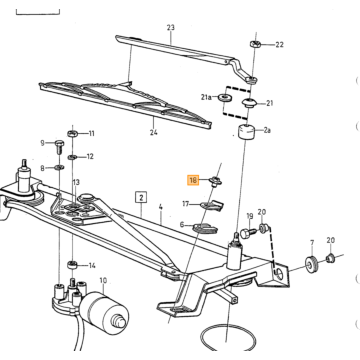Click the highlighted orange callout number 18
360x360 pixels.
tap(193, 180)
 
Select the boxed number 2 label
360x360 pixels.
tap(141, 198)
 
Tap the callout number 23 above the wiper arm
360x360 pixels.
tap(170, 27)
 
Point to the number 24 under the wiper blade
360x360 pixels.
tap(153, 132)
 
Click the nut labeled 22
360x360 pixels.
tap(253, 44)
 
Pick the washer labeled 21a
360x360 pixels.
tap(226, 98)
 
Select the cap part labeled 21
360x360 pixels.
tap(249, 102)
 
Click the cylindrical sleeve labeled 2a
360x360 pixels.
tap(245, 131)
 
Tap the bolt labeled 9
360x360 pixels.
tap(59, 146)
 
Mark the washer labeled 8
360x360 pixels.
tap(59, 167)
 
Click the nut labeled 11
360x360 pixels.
tap(73, 134)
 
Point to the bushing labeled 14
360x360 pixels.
tap(73, 265)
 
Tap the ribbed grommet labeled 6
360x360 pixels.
tap(205, 228)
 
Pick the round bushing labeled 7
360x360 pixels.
tap(312, 263)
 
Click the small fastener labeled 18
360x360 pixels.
tap(215, 181)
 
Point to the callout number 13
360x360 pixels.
tap(76, 182)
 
